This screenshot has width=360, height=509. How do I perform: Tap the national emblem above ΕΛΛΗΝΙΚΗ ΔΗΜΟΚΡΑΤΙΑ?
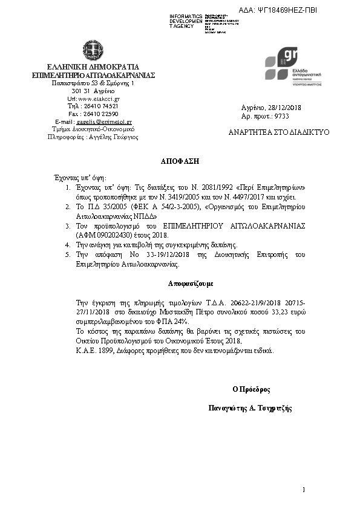(93, 50)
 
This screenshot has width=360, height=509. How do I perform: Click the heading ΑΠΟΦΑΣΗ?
(180, 162)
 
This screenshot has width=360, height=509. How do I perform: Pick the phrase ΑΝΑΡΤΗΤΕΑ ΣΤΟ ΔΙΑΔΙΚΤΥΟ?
(279, 132)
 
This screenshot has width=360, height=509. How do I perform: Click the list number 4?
(68, 245)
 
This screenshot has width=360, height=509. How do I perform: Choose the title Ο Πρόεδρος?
(251, 389)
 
